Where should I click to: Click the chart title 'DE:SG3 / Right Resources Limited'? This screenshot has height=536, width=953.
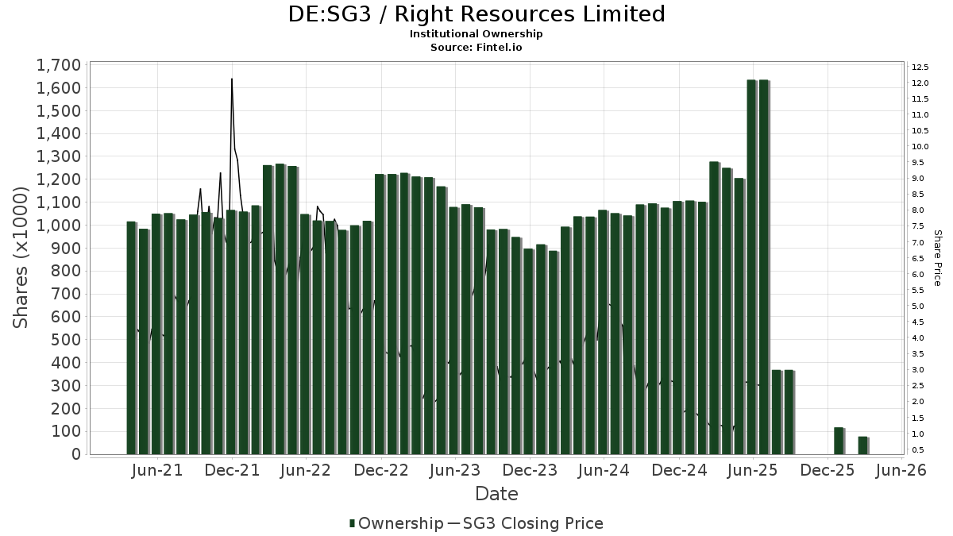(476, 14)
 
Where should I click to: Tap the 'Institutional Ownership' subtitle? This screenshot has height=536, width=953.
(476, 34)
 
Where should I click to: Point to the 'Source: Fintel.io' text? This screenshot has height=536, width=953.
(476, 48)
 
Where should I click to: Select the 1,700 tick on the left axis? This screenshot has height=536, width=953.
(58, 65)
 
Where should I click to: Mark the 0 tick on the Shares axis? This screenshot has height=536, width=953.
(77, 454)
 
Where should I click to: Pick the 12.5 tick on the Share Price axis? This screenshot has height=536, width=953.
(920, 67)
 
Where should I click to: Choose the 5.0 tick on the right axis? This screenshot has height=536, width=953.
(919, 307)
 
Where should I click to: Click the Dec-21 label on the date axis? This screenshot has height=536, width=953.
(232, 471)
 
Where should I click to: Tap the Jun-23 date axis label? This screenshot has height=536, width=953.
(455, 471)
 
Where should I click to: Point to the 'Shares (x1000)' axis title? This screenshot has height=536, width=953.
(21, 257)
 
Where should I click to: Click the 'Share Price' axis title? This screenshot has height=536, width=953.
(937, 258)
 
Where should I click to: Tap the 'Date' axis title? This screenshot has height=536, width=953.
(496, 494)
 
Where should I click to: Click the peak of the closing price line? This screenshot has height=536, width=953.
(232, 79)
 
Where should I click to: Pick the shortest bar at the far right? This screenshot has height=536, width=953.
(862, 445)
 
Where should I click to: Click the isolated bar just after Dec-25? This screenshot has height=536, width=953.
(838, 441)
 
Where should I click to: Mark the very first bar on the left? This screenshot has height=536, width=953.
(131, 337)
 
